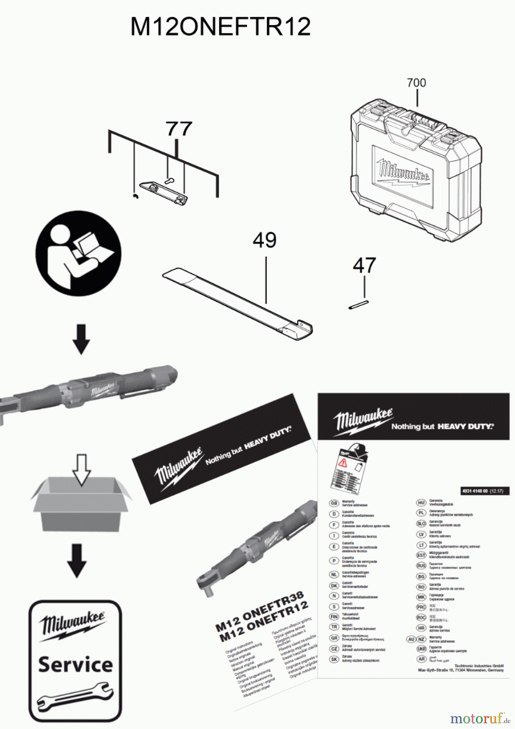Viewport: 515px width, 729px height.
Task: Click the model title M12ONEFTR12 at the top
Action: click(x=221, y=27)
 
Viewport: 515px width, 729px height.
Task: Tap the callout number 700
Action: click(x=416, y=83)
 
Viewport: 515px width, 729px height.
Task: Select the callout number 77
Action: click(x=179, y=129)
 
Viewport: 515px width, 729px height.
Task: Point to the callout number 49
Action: click(x=265, y=240)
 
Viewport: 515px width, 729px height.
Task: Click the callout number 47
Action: click(x=364, y=266)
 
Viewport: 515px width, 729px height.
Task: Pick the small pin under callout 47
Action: click(x=358, y=305)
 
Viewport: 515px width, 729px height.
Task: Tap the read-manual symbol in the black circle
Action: click(x=78, y=253)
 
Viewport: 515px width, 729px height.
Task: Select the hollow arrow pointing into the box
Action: click(x=81, y=469)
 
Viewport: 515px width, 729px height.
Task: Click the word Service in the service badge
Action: click(x=75, y=665)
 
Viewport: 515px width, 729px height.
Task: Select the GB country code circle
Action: click(x=334, y=503)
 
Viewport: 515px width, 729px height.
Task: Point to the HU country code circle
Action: click(x=421, y=503)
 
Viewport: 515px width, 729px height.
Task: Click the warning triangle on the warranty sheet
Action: click(x=343, y=463)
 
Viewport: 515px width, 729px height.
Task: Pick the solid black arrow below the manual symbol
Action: click(x=81, y=339)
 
